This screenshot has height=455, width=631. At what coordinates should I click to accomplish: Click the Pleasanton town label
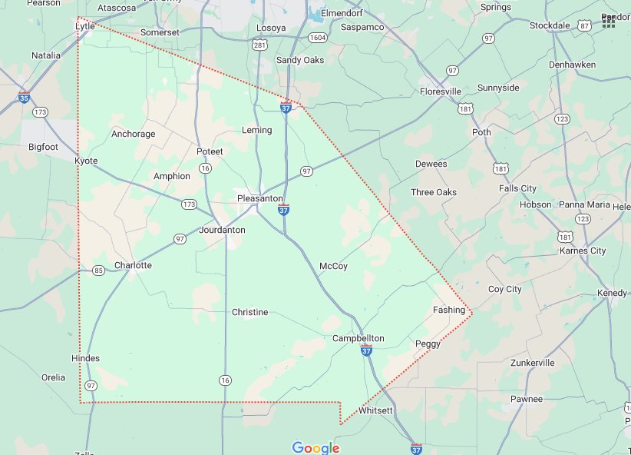(259, 198)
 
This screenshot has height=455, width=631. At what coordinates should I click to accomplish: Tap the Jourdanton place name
(222, 230)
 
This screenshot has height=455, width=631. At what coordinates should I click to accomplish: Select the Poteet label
(210, 151)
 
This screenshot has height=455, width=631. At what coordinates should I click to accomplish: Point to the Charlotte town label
(133, 265)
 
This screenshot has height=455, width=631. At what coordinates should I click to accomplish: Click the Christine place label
(250, 312)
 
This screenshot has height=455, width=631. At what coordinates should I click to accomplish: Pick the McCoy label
(333, 266)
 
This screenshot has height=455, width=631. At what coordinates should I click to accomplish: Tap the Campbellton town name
(358, 338)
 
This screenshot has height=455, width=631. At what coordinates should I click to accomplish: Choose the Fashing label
(449, 310)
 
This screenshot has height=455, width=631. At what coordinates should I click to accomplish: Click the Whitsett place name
(375, 410)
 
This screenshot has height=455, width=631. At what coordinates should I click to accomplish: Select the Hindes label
(85, 358)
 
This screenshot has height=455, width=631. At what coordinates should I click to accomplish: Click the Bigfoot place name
(43, 146)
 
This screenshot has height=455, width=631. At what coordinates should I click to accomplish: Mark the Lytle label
(84, 26)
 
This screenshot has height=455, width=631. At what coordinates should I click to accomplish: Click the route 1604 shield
(317, 38)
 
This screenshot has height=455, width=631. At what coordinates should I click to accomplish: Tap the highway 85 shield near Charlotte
(98, 271)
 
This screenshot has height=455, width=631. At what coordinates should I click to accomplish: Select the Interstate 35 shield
(25, 98)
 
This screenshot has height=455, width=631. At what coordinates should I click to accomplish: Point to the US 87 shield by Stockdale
(585, 25)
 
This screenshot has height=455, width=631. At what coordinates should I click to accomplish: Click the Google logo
(315, 448)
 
